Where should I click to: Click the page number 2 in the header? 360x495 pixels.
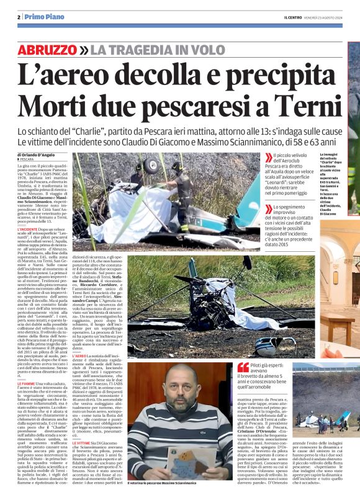click(19, 17)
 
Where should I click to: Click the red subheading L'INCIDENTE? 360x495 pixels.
click(30, 230)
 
